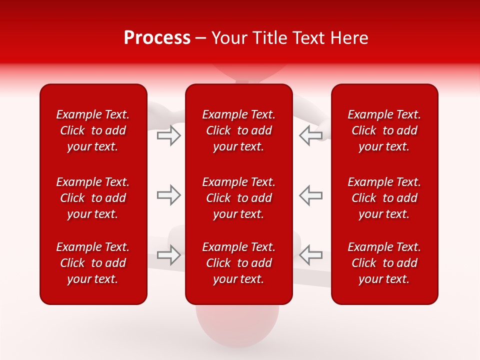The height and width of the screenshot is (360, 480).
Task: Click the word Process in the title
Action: point(157,38)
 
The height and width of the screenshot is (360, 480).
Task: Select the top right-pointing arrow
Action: point(169,135)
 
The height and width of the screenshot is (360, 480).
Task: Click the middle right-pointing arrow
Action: point(169,195)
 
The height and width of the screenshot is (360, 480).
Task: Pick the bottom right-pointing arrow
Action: point(169,255)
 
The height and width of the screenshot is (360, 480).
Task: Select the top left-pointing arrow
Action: point(311,135)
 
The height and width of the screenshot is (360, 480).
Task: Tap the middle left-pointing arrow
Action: point(311,195)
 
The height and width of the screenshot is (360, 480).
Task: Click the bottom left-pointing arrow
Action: point(311,255)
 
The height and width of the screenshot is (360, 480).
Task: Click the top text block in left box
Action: point(93,130)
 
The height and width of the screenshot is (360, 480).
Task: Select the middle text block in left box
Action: point(93,198)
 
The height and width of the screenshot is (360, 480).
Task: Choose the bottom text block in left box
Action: point(93,263)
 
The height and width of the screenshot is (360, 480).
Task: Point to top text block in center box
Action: point(238,130)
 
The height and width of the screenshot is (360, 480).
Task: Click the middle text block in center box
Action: point(238,198)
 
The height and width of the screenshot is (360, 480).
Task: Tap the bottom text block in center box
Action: point(238,263)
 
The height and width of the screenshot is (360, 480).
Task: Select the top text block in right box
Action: point(384,130)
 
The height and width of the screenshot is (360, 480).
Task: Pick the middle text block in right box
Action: point(384,198)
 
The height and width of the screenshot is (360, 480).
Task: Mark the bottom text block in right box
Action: point(384,263)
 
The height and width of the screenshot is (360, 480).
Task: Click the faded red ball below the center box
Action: point(237,325)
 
